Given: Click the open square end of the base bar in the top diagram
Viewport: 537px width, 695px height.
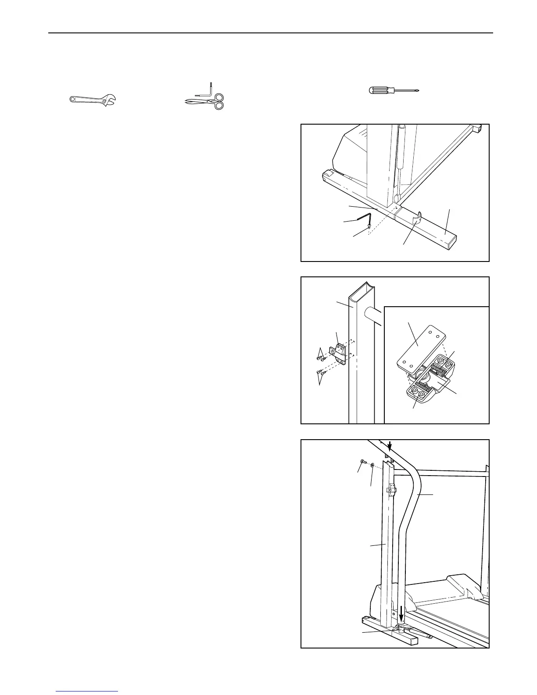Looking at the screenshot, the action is coord(451,239).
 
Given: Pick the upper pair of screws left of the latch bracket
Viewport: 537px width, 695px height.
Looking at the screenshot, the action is coord(321,358).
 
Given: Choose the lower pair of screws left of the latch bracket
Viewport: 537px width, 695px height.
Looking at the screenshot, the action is coord(322,373).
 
